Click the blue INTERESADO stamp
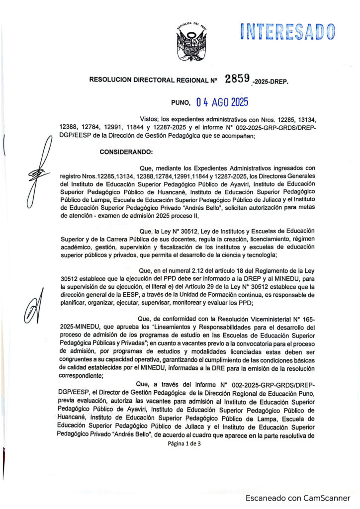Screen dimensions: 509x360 [x=288, y=31]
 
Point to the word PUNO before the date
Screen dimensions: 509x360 [x=180, y=103]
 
